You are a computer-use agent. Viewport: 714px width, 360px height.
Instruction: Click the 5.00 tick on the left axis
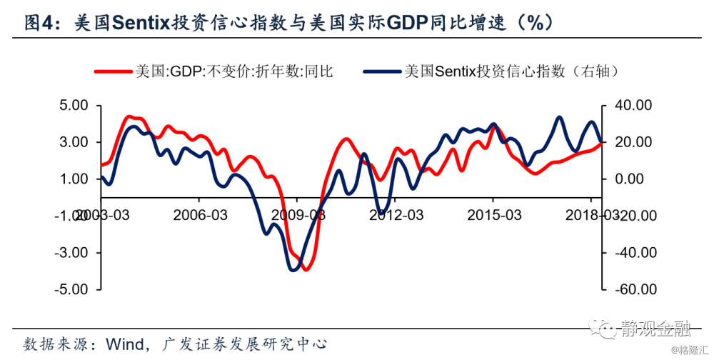[73, 106]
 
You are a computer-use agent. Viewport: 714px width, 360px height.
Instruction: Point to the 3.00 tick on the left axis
[73, 142]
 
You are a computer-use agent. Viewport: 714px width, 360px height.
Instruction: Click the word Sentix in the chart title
[139, 22]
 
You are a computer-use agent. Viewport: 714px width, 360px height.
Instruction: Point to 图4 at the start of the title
[39, 22]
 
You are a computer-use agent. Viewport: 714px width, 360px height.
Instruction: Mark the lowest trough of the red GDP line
[306, 269]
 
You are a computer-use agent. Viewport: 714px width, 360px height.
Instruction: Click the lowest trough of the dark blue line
[293, 269]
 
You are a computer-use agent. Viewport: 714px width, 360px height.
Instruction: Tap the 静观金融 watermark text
[655, 329]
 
